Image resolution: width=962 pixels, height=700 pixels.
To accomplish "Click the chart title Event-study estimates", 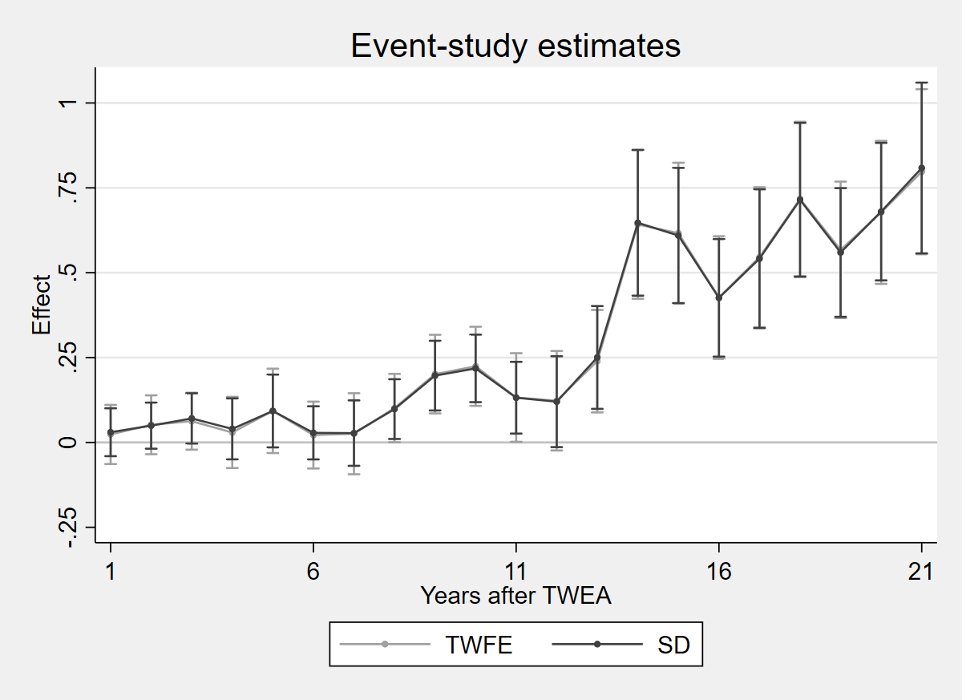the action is (515, 46).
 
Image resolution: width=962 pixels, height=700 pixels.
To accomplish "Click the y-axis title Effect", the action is (41, 305).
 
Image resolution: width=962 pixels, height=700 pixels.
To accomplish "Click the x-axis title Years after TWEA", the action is (515, 596).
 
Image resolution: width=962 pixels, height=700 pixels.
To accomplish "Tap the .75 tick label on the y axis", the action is (68, 188).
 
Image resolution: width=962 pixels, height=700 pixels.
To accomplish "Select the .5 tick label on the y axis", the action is (68, 273).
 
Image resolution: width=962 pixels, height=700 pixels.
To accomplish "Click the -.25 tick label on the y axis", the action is (68, 527).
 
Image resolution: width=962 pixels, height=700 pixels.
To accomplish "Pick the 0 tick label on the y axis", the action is (68, 443).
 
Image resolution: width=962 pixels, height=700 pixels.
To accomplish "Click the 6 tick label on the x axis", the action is (313, 572).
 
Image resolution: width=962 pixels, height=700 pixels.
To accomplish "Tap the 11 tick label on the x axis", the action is (515, 572).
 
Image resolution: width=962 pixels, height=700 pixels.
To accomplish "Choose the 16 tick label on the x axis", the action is (719, 572).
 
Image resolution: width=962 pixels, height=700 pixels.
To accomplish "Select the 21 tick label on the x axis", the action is (921, 572).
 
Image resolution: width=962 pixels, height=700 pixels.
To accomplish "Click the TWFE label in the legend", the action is (479, 645).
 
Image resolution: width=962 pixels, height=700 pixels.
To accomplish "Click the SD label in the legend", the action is (673, 645).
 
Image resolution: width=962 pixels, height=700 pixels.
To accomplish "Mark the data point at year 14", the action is (638, 223).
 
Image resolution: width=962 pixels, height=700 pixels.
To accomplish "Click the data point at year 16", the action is (719, 297).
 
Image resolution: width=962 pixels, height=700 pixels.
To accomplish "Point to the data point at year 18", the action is (800, 200).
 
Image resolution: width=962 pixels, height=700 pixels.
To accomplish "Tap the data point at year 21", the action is (922, 168).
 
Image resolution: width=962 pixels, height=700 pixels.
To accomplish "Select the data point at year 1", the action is (111, 432).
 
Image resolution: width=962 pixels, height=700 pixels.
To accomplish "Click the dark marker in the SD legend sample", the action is (597, 644).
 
